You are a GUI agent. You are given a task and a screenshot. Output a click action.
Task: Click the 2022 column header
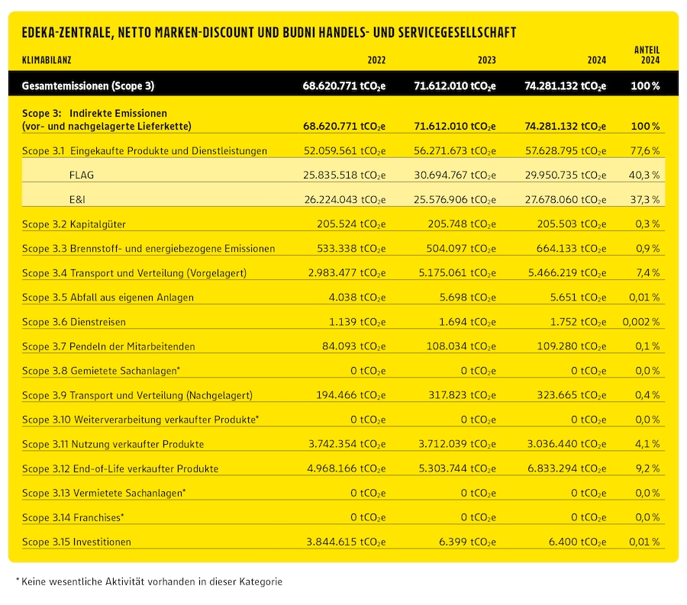coord(376,60)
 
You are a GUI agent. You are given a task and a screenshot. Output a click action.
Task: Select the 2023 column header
coord(487,60)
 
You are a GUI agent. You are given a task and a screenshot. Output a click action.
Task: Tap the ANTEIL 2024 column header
coord(647,55)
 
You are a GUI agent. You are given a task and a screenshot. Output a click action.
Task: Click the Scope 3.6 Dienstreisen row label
coord(76,322)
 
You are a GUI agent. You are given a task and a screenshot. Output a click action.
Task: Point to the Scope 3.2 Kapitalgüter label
coord(74,224)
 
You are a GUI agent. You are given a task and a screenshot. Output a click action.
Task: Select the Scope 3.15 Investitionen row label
coord(77,542)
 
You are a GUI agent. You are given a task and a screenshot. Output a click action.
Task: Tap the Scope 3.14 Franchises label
coord(73,517)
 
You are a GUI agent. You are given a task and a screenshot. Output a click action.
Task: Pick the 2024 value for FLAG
coord(566,175)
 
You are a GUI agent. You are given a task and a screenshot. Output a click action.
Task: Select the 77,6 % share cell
coord(646,151)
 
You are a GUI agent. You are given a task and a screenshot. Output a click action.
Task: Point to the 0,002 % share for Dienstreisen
coord(641,322)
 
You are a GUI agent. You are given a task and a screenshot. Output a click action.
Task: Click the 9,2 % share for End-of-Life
coord(647,468)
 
